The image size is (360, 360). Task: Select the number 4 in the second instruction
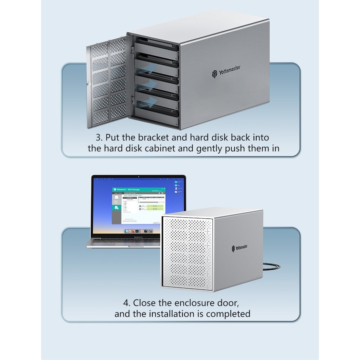pos(126,302)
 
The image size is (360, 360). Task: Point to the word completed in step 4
pos(228,314)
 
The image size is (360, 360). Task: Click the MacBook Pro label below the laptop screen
pos(138,238)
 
